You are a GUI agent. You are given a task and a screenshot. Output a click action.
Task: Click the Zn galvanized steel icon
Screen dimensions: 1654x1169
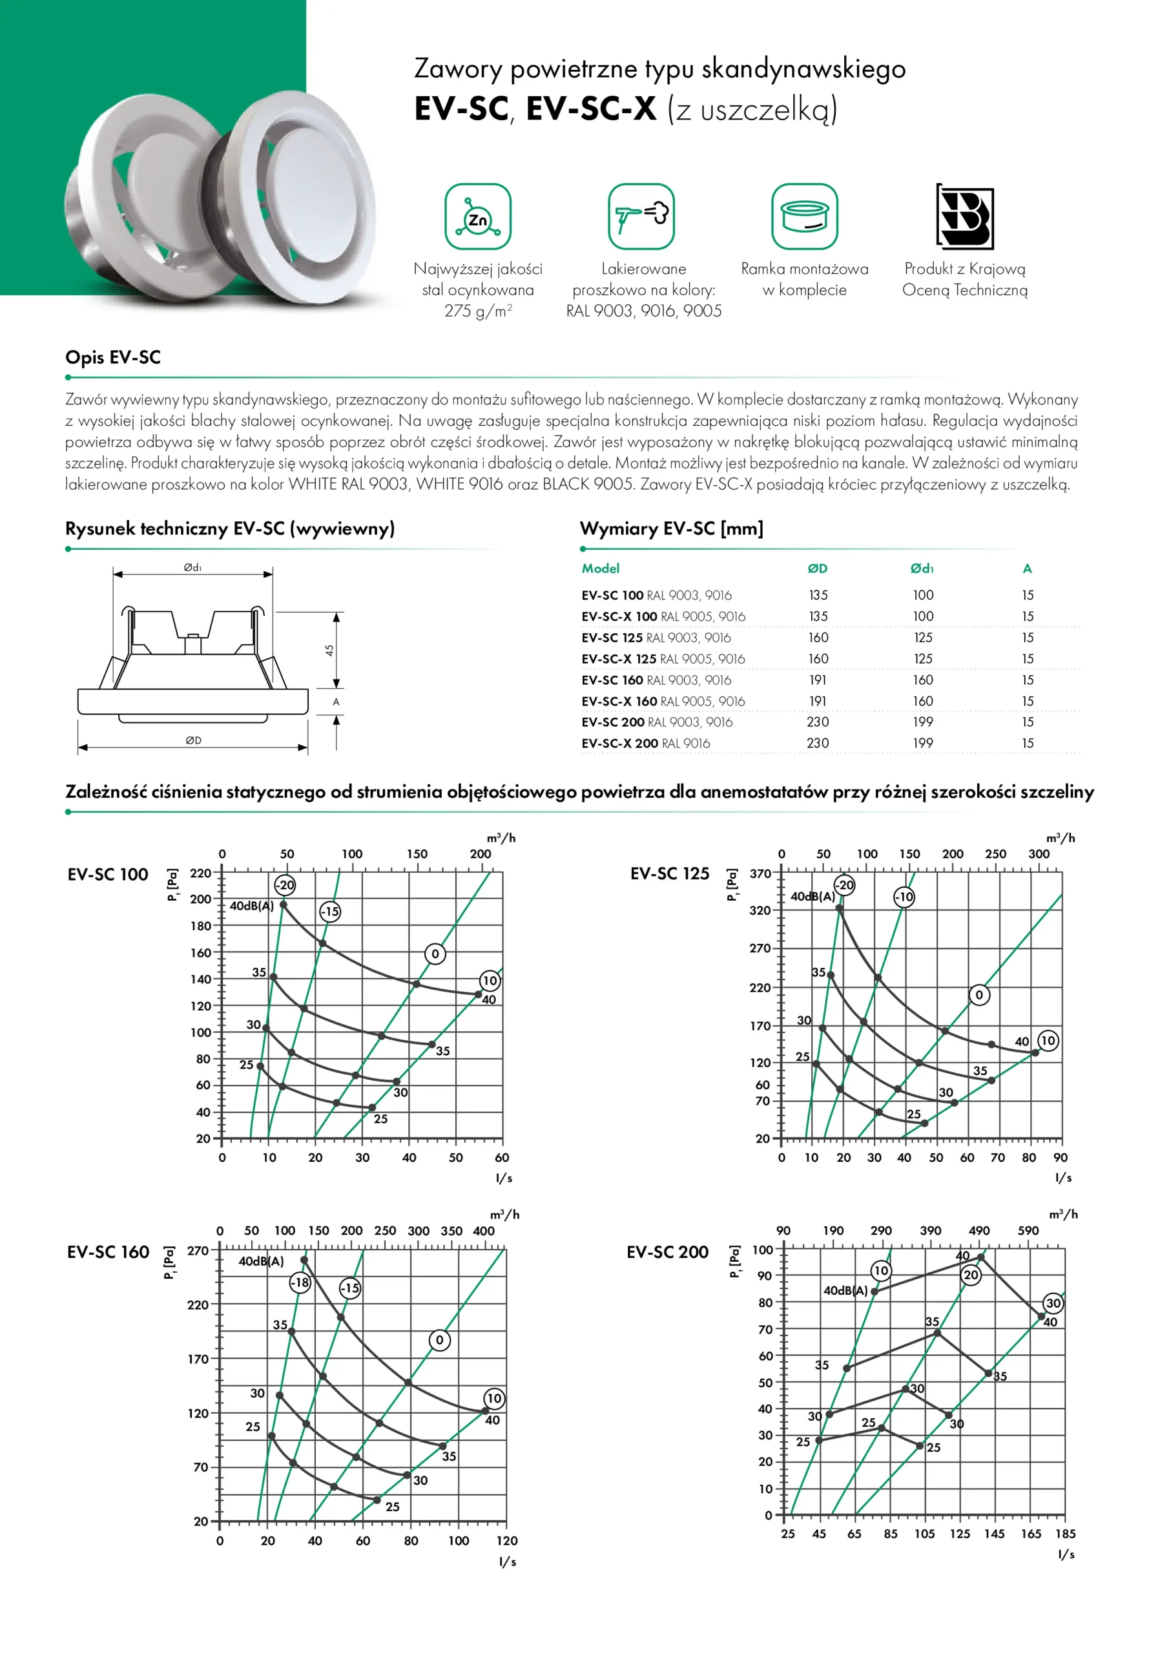(477, 216)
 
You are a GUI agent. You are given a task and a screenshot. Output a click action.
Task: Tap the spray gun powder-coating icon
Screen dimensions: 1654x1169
(641, 216)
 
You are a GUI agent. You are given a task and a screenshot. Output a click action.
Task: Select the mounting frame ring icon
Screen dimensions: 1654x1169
(805, 216)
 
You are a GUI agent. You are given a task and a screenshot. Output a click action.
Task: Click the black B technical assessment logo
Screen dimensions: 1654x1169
(965, 216)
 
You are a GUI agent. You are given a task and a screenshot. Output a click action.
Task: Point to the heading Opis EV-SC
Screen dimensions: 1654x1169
(113, 357)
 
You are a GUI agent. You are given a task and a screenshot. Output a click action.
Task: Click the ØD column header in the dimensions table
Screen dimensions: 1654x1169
(818, 569)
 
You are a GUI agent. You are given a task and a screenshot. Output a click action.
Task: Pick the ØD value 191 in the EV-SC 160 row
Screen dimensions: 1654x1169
(818, 680)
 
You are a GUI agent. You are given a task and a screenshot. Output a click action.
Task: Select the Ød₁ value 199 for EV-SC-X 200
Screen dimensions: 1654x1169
(923, 744)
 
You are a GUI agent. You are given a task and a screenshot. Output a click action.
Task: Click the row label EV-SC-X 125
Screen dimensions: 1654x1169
(619, 659)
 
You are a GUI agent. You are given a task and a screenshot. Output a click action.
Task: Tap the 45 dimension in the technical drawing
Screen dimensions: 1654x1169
(329, 650)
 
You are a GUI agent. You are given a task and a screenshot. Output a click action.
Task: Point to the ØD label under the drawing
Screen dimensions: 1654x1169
(193, 740)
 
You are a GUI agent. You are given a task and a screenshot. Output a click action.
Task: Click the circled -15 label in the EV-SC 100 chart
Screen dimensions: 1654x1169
(330, 911)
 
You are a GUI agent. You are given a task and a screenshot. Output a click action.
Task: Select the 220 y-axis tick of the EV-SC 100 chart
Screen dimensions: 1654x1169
(200, 873)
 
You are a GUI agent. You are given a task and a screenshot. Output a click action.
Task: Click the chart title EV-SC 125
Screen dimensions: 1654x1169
(670, 874)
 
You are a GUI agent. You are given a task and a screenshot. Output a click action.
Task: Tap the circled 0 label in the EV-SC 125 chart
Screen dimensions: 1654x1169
(979, 995)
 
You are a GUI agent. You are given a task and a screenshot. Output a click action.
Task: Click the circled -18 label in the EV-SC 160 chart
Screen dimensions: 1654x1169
(300, 1282)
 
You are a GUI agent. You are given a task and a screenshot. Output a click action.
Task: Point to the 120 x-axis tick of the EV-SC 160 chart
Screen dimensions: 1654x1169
(506, 1541)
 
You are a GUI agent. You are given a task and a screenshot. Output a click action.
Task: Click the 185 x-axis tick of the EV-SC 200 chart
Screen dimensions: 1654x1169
(1065, 1534)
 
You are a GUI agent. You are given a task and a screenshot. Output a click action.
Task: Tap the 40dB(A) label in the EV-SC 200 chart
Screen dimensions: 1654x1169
(845, 1291)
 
